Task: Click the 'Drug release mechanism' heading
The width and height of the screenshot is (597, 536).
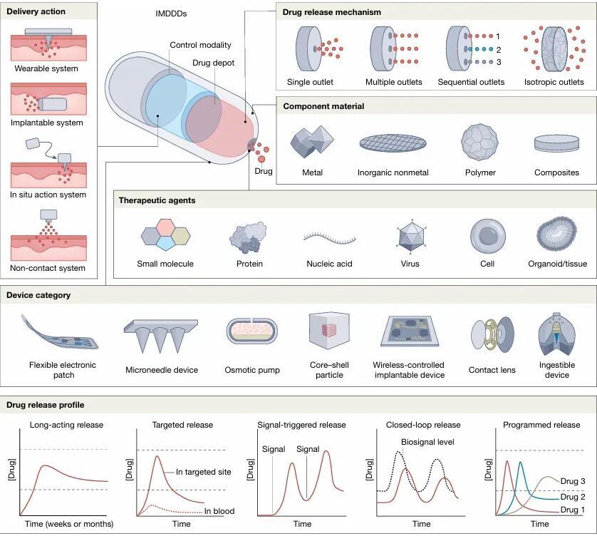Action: tap(331, 12)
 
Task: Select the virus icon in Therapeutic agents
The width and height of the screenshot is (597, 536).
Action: tap(410, 237)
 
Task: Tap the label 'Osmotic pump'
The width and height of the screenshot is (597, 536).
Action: tap(252, 370)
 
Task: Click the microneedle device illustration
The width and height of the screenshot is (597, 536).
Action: tap(161, 336)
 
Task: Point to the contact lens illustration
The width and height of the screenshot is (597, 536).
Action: tap(492, 334)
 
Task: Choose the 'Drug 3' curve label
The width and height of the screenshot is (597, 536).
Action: tap(573, 481)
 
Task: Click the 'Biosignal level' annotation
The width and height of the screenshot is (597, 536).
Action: tap(427, 442)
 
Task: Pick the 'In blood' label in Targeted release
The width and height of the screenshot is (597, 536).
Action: tap(219, 511)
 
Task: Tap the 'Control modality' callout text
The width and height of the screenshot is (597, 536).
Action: tap(200, 45)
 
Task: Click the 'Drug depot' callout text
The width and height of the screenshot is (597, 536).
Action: tap(213, 63)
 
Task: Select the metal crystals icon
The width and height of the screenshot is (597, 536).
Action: tap(312, 142)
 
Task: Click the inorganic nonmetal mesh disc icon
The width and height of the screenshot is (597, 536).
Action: tap(393, 143)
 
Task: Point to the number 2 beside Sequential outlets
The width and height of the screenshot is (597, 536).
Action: tap(499, 49)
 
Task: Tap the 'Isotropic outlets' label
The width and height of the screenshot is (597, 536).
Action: tap(554, 82)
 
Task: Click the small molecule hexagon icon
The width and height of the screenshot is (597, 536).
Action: tap(165, 234)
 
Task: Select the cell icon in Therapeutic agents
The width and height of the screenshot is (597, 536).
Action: tap(488, 236)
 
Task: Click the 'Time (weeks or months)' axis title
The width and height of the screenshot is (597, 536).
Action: tap(69, 524)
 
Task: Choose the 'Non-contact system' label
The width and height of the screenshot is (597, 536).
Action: tap(48, 268)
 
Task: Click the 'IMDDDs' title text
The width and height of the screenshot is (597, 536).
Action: tap(171, 14)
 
